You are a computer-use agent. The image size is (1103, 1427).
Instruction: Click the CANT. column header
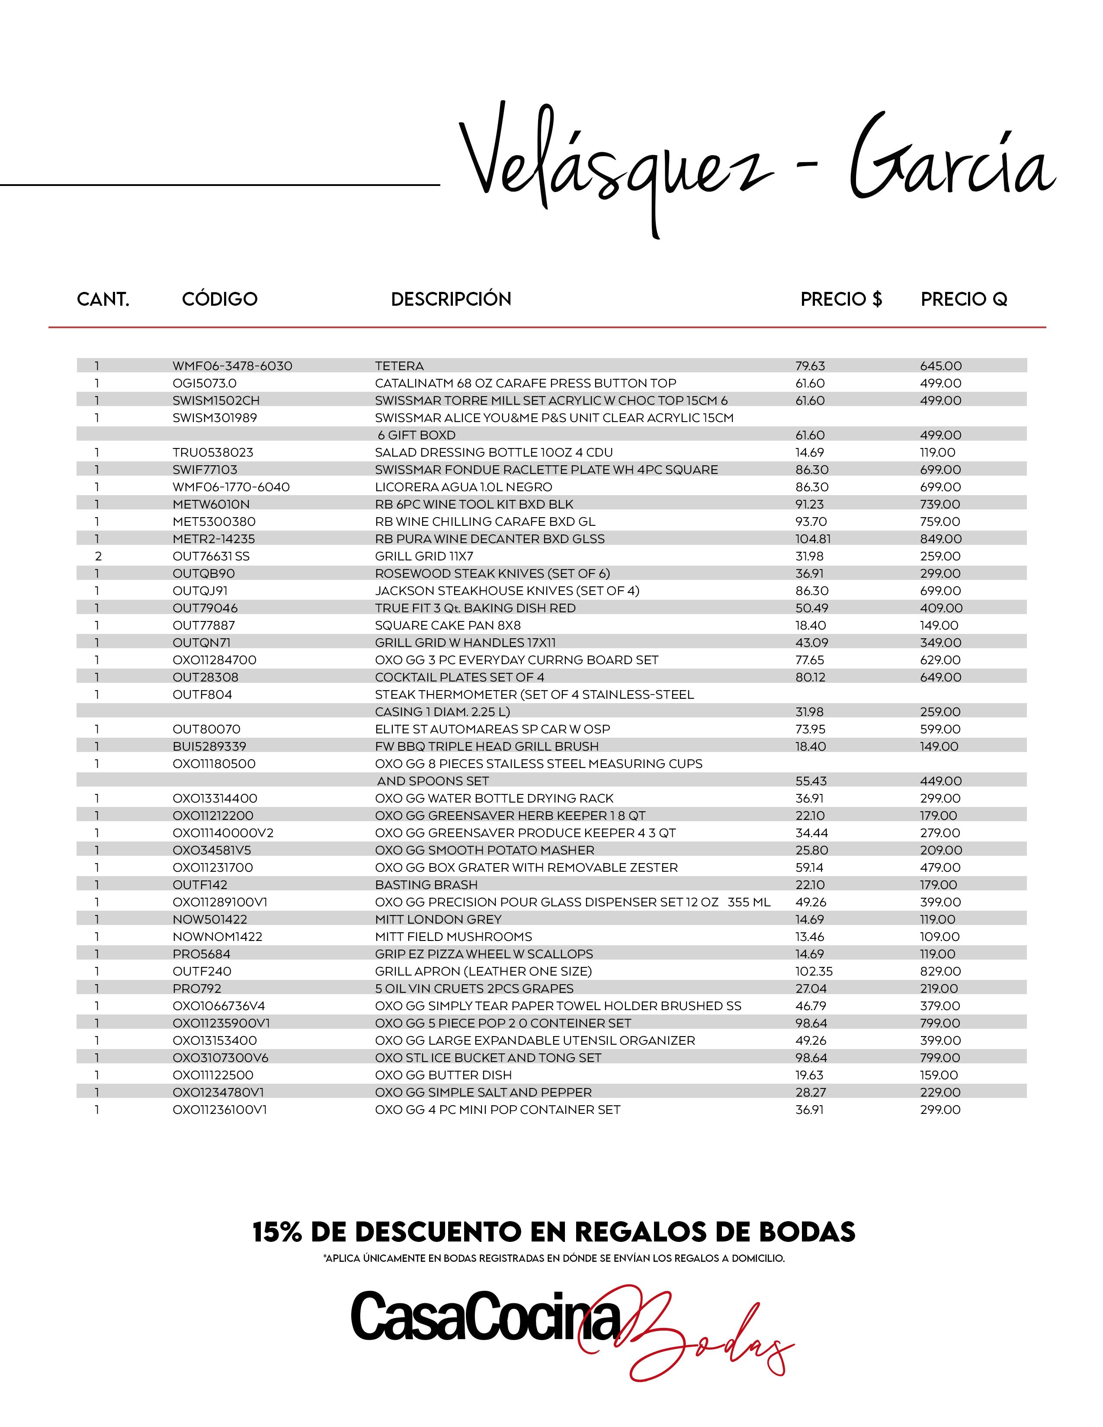[103, 299]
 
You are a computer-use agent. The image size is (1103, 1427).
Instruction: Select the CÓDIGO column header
[220, 299]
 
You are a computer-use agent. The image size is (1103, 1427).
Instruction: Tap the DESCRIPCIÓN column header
[451, 299]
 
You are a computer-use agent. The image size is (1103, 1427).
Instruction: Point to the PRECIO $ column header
[841, 299]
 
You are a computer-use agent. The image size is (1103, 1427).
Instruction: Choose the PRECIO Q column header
[964, 299]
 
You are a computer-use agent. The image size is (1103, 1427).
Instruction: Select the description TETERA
[399, 366]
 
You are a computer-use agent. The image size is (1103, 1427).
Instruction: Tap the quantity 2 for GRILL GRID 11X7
[98, 556]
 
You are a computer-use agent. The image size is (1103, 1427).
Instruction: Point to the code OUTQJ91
[200, 591]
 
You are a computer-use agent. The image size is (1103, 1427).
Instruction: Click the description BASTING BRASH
[426, 885]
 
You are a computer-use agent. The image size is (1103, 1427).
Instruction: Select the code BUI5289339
[209, 746]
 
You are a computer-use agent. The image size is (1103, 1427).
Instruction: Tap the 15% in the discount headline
[277, 1233]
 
